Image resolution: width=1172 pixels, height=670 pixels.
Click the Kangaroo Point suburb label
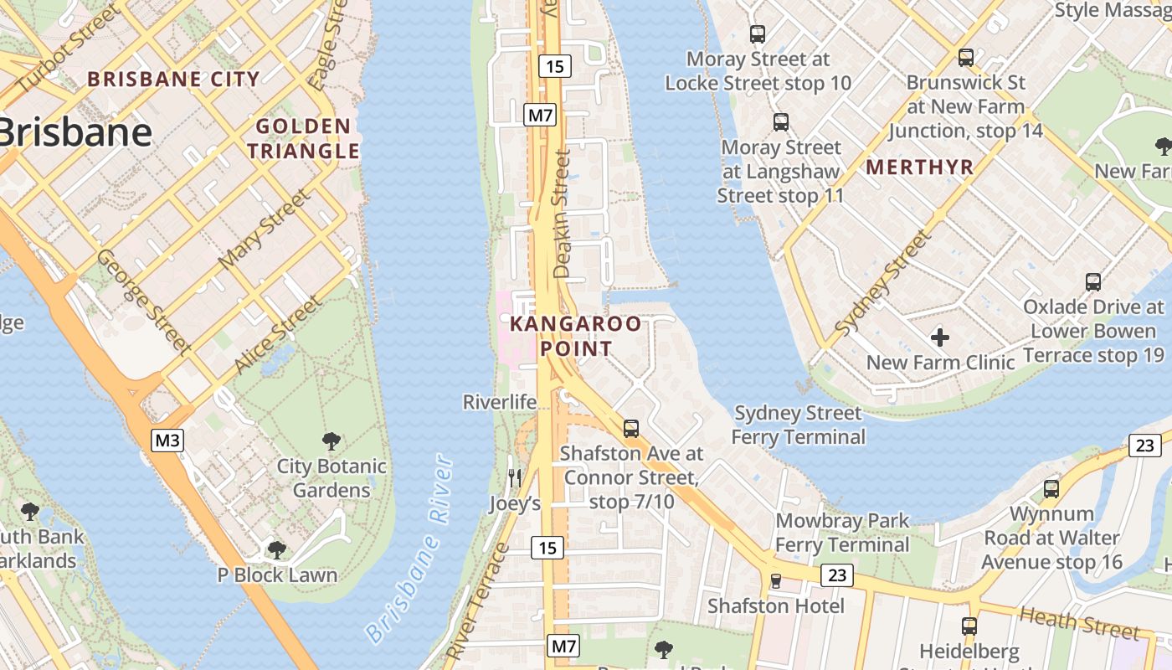[x=576, y=336]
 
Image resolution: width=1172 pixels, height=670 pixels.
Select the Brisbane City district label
[x=174, y=80]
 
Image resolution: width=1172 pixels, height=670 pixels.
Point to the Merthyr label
[x=920, y=167]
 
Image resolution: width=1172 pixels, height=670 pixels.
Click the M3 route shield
[x=167, y=440]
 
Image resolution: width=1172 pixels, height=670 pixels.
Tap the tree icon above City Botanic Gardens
[x=332, y=441]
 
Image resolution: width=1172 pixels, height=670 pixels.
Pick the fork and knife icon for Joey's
[x=515, y=478]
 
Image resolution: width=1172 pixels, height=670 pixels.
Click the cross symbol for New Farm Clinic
[x=940, y=338]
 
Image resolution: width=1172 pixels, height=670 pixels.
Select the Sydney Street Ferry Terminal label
[x=798, y=425]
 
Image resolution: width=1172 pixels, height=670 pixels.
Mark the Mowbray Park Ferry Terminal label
[x=842, y=533]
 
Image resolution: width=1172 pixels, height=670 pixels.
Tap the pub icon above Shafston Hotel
[x=776, y=580]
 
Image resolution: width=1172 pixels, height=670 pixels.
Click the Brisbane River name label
[x=410, y=549]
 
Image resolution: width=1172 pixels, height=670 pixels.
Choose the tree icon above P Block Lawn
[x=277, y=550]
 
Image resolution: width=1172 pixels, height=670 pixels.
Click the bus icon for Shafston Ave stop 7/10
[x=631, y=428]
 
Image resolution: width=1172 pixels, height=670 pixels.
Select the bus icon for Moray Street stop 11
[x=781, y=122]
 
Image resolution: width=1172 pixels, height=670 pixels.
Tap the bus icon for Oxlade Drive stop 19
[x=1093, y=281]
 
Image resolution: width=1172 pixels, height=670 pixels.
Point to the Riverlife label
[x=500, y=402]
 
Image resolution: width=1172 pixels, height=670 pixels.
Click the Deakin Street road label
[x=563, y=214]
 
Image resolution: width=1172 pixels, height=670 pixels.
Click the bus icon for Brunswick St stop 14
[x=966, y=58]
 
